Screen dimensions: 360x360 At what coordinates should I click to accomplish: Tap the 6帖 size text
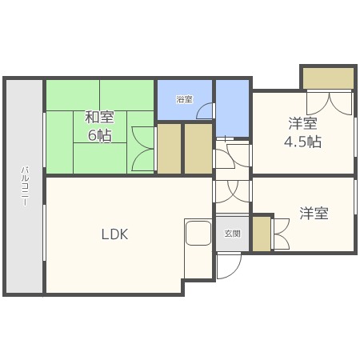click(x=99, y=135)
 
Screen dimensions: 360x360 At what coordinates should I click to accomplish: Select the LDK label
click(x=114, y=234)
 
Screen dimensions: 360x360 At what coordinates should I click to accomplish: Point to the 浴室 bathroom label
click(x=184, y=99)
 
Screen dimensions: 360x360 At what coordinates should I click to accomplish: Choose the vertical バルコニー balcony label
click(x=25, y=186)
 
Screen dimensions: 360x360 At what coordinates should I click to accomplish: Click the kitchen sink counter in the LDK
click(x=198, y=235)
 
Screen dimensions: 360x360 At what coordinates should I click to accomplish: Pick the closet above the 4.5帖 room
click(x=327, y=78)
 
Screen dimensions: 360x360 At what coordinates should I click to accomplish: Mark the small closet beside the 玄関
click(x=262, y=233)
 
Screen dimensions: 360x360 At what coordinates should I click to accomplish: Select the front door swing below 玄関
click(x=227, y=266)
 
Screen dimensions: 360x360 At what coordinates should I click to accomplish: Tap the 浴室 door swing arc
click(x=205, y=113)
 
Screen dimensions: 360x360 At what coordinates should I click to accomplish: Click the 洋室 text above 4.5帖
click(x=303, y=123)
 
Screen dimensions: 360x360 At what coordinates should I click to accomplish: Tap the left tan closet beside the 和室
click(x=169, y=149)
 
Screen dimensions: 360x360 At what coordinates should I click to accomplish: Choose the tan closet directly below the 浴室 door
click(x=198, y=149)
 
